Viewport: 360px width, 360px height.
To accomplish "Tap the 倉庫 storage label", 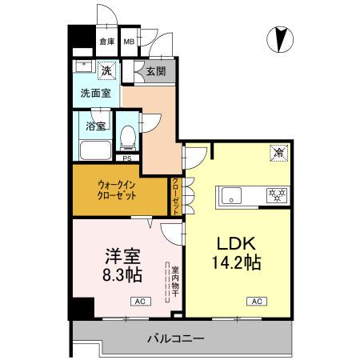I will [x=107, y=42].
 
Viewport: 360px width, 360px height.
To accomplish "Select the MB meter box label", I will [x=129, y=42].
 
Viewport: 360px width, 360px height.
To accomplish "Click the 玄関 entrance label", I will [x=155, y=71].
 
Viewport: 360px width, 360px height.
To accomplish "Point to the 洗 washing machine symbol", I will [x=106, y=71].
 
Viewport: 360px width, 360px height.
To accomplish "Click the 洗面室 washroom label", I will [x=96, y=93].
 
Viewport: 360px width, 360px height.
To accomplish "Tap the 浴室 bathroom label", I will [x=96, y=126].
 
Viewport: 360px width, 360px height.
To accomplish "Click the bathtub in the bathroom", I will [x=97, y=150].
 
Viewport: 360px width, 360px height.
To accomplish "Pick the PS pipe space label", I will [x=127, y=158].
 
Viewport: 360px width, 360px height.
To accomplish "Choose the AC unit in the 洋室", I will [x=139, y=302].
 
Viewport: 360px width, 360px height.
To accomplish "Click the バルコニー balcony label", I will [x=174, y=338].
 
